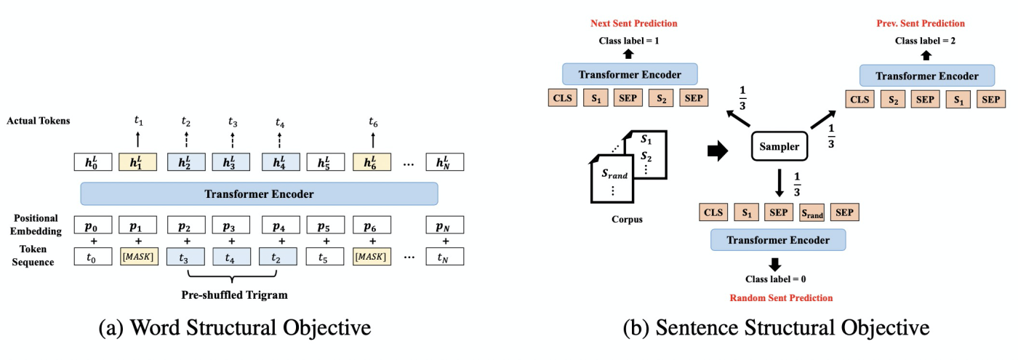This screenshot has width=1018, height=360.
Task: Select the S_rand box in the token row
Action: click(812, 213)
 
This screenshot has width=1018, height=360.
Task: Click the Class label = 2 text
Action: click(926, 41)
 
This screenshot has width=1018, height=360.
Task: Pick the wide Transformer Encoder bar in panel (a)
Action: click(259, 193)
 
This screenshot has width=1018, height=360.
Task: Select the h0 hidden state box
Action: click(92, 161)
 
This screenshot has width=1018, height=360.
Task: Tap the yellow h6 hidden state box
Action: click(373, 161)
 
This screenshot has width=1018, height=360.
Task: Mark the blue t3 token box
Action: click(187, 256)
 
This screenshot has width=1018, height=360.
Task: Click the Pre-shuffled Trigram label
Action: click(233, 295)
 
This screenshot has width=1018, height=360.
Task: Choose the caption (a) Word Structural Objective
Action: click(234, 328)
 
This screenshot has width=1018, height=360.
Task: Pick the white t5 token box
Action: click(326, 256)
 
